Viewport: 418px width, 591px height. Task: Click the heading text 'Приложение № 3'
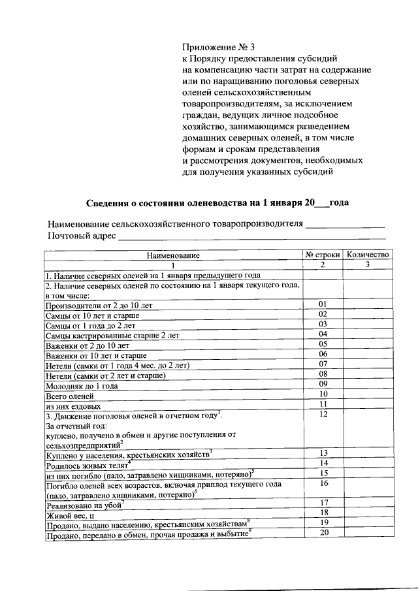coord(215,47)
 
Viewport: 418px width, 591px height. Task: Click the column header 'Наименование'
coord(172,255)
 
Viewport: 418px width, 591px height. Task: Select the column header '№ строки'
coord(322,255)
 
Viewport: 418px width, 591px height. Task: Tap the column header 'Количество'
coord(368,255)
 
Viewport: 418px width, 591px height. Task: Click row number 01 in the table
coord(322,304)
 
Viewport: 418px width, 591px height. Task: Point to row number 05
coord(322,343)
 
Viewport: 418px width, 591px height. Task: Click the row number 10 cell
coord(322,394)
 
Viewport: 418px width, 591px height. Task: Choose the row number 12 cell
coord(322,414)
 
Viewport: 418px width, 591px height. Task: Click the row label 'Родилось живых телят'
coord(88,466)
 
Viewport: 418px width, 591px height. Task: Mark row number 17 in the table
coord(322,502)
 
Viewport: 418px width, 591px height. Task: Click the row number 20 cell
coord(322,532)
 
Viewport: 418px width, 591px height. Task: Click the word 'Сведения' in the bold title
coord(109,202)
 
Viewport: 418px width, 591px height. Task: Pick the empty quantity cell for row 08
coord(368,374)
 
